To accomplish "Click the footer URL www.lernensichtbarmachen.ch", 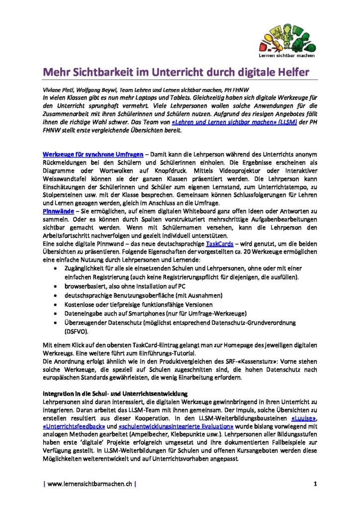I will coord(89,483).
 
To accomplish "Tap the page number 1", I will coord(315,483).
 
